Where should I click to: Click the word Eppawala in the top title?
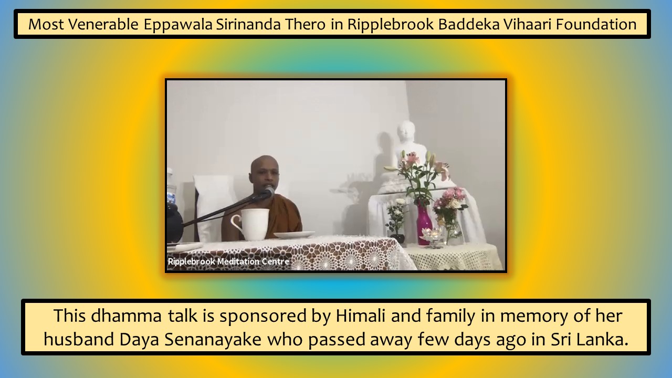(178, 24)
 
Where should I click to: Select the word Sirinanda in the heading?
(248, 24)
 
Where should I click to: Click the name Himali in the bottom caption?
(360, 316)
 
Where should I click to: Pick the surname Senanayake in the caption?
(213, 340)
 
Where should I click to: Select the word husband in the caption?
(79, 339)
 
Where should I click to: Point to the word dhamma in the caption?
(127, 316)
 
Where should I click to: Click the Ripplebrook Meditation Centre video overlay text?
(228, 261)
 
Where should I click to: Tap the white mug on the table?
(251, 224)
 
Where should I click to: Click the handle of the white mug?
(236, 224)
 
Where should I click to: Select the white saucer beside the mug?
(294, 235)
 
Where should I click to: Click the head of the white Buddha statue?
(406, 131)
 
